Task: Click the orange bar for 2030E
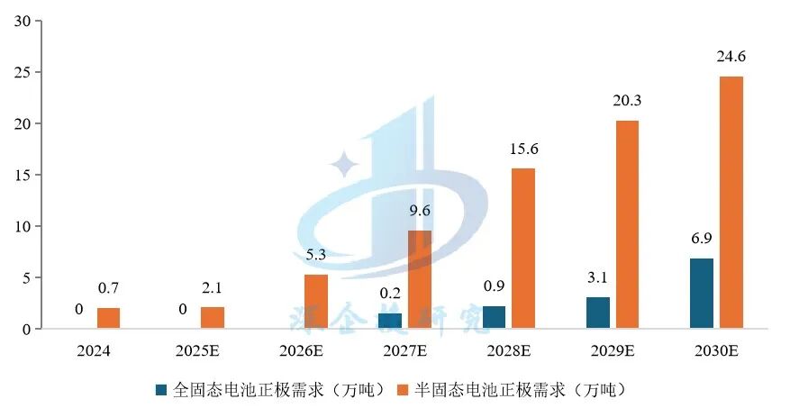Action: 731,203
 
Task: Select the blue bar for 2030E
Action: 701,294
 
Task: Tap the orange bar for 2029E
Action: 627,225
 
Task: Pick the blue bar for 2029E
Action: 598,313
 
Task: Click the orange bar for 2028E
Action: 522,249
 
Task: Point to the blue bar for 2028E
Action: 494,317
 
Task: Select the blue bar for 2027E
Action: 390,321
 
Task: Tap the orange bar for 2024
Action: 108,318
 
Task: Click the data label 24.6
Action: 731,58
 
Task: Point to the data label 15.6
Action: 522,150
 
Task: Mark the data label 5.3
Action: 315,256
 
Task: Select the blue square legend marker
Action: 161,390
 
